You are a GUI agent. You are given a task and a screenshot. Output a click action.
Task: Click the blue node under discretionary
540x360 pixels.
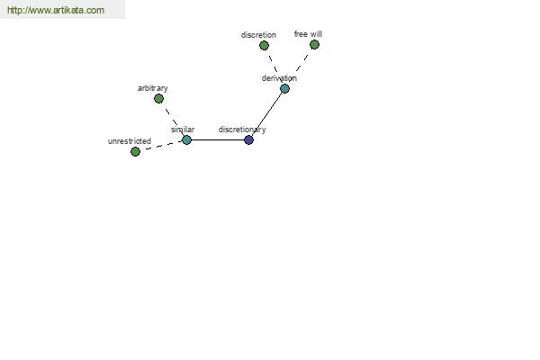coord(248,139)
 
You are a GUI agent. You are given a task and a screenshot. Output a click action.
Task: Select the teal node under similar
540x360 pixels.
coord(186,139)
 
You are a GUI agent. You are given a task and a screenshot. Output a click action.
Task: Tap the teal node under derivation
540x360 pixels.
coord(284,88)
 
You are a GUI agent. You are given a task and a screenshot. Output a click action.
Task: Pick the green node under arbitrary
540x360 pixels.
coord(158,99)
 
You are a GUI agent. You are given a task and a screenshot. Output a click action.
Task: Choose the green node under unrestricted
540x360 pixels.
coord(135,151)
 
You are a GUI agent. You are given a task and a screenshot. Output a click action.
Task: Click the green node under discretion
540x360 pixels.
coord(264,46)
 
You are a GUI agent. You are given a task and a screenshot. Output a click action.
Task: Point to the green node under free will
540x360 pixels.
coord(314,44)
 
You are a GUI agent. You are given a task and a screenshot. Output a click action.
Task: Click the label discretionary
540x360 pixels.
coord(242,130)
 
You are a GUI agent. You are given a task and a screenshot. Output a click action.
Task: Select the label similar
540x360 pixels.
coord(183,130)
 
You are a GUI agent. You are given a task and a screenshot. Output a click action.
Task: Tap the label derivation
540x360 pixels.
coord(279,78)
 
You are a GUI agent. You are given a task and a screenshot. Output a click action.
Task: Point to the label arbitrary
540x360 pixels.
coord(153,88)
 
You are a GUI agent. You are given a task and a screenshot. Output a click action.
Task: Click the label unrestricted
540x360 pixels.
coord(130,141)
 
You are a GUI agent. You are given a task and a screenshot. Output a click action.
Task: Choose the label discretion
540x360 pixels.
coord(258,35)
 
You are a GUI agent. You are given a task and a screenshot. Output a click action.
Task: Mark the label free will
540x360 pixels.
coord(308,34)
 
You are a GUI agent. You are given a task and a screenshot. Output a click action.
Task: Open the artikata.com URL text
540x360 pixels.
coord(56,10)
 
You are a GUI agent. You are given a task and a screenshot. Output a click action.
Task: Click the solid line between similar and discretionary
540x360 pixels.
coord(218,139)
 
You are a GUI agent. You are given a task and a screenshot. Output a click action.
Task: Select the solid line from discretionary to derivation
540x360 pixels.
coord(267,114)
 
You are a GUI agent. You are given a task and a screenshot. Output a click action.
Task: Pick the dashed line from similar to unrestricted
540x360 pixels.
coord(161,146)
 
